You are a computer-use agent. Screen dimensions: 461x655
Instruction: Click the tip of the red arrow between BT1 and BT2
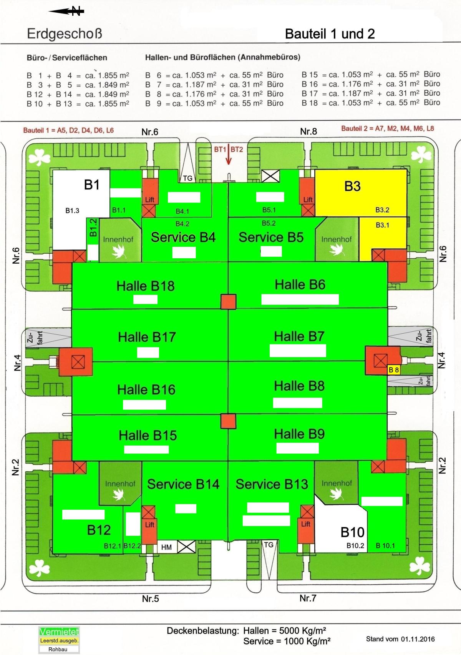coord(228,165)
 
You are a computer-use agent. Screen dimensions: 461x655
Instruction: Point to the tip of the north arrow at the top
coord(48,12)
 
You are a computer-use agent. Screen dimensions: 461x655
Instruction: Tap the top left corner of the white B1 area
coord(53,170)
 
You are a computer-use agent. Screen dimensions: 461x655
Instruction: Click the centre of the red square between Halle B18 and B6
coord(228,301)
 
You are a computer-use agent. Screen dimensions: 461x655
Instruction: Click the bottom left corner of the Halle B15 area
coord(72,460)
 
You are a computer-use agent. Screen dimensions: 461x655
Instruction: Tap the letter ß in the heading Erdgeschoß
coord(98,33)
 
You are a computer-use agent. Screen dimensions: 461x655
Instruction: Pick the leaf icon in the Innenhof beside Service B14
coord(119,494)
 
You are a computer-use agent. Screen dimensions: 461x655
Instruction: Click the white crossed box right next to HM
coord(186,547)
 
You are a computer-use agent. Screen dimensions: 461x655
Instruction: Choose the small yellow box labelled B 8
coord(393,370)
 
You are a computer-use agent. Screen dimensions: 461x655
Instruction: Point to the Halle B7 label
coord(299,336)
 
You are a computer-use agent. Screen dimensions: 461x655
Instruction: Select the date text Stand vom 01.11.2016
coord(400,639)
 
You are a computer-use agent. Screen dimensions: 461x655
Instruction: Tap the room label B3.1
coord(382,225)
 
